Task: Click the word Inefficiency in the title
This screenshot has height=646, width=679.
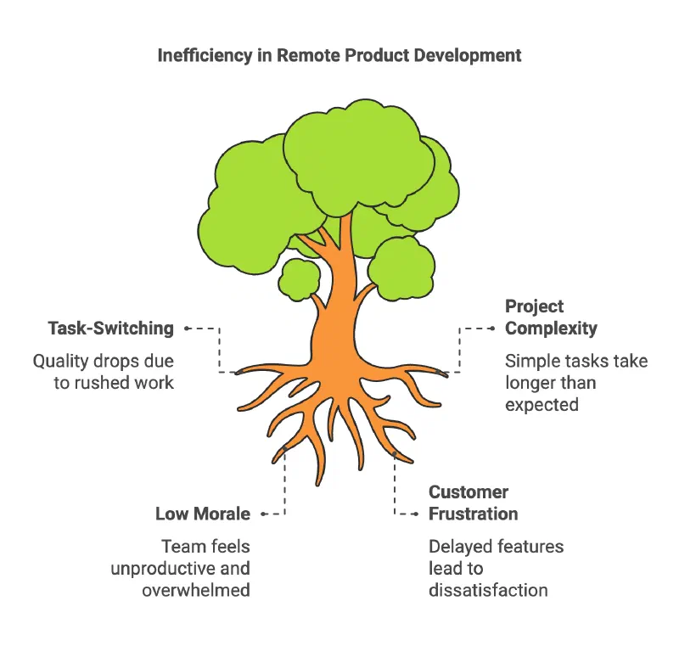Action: [205, 55]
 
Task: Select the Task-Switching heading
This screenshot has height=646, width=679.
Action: [111, 329]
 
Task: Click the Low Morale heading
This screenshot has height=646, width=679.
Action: [203, 514]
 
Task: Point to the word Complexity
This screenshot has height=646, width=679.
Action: [551, 329]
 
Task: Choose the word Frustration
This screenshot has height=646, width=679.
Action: [474, 514]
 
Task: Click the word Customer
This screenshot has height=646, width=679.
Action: [469, 492]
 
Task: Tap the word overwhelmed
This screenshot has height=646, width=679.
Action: [196, 590]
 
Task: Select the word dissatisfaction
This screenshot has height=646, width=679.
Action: [488, 590]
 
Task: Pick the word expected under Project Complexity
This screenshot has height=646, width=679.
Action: [542, 405]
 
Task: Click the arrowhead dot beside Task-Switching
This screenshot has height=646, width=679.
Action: [187, 329]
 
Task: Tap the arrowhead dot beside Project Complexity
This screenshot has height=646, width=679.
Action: [492, 329]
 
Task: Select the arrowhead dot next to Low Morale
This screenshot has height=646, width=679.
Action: [263, 514]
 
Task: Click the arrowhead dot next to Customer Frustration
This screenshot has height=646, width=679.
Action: [416, 514]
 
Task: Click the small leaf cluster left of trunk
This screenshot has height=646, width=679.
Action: [300, 279]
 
